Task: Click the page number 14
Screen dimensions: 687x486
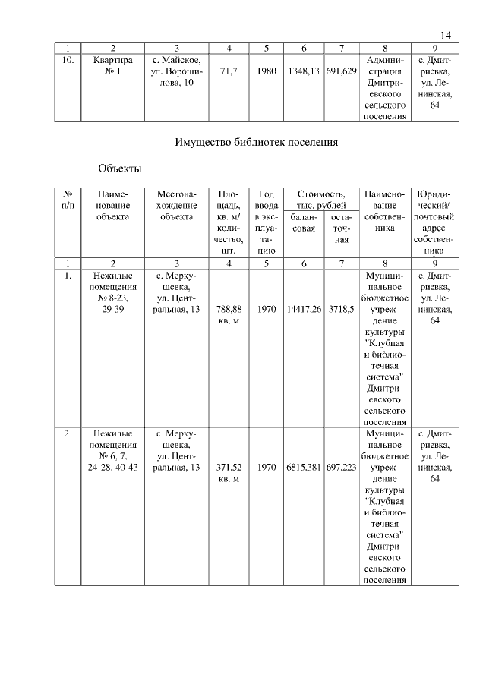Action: pos(446,36)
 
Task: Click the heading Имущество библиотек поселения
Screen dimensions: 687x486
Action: pos(256,142)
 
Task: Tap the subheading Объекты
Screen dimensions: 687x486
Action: pos(120,168)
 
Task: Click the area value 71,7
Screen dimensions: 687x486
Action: pos(229,72)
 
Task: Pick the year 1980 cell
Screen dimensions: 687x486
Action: pos(267,72)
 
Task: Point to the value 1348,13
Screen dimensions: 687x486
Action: pos(304,72)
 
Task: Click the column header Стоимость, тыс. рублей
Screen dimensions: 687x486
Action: pos(322,200)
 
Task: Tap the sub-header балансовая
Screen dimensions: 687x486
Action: pos(304,222)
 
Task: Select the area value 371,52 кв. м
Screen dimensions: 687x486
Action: pos(229,473)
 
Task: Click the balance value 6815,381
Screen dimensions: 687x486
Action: pos(304,468)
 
